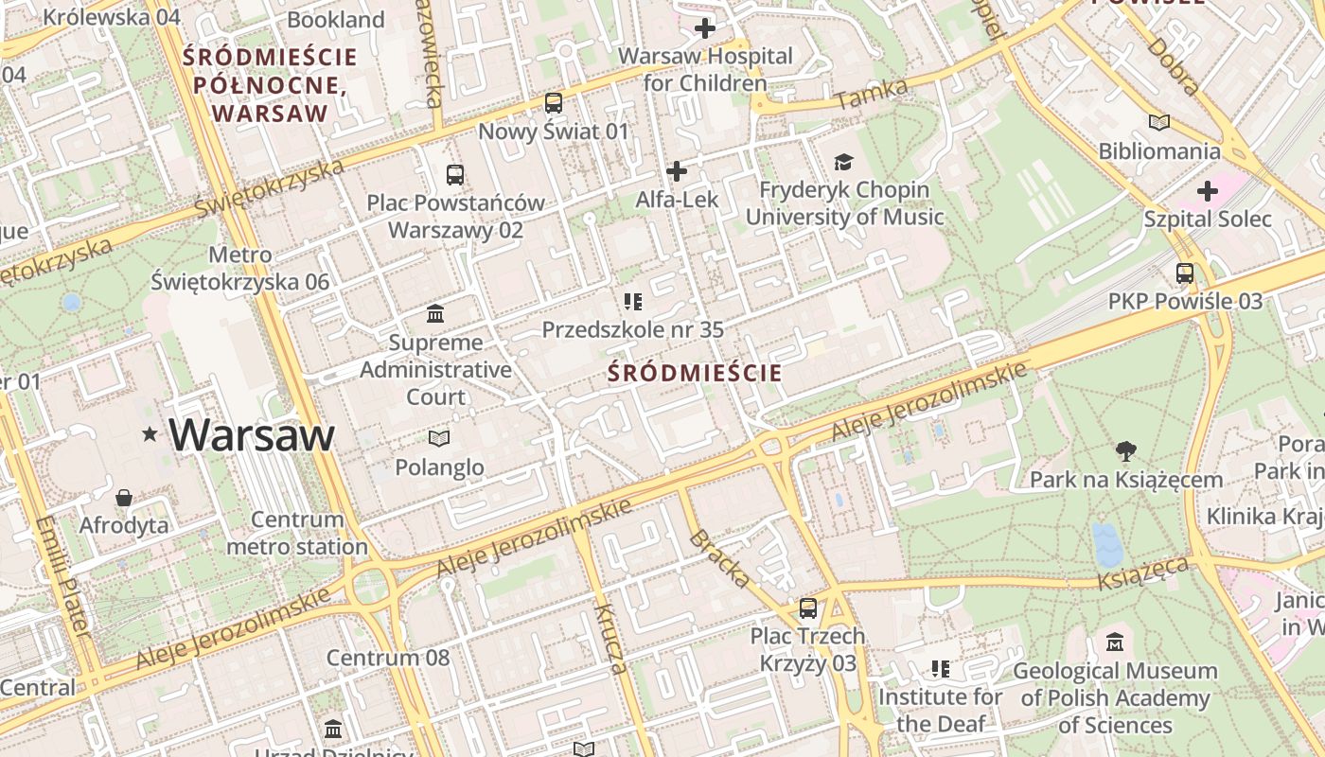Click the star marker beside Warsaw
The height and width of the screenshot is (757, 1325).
coord(150,434)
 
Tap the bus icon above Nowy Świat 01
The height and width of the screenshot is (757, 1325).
coord(554,102)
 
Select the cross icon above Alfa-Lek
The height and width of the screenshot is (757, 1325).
coord(677,171)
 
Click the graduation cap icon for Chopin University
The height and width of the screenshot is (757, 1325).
coord(843,162)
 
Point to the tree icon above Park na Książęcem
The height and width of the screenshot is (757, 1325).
coord(1125,450)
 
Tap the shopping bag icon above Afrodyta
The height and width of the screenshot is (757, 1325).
coord(124,497)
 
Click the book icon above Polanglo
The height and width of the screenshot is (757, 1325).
coord(438,438)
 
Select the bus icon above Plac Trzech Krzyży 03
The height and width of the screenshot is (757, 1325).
coord(807,607)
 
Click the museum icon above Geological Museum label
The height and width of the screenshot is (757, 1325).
coord(1114,642)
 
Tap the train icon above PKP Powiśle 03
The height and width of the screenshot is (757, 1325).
coord(1184,273)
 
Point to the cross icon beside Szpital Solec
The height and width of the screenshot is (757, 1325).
coord(1207,191)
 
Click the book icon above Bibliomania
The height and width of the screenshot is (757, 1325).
coord(1158,122)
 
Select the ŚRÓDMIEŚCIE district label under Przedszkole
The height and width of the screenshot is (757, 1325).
coord(695,373)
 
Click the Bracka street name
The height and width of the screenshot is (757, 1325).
coord(720,558)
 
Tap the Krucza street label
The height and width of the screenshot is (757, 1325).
coord(610,639)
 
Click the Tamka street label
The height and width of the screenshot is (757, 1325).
coord(872,93)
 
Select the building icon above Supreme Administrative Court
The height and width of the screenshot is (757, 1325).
coord(435,313)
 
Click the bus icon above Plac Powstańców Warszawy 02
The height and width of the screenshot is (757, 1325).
coord(455,174)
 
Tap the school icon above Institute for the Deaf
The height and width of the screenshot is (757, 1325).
coord(940,669)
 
